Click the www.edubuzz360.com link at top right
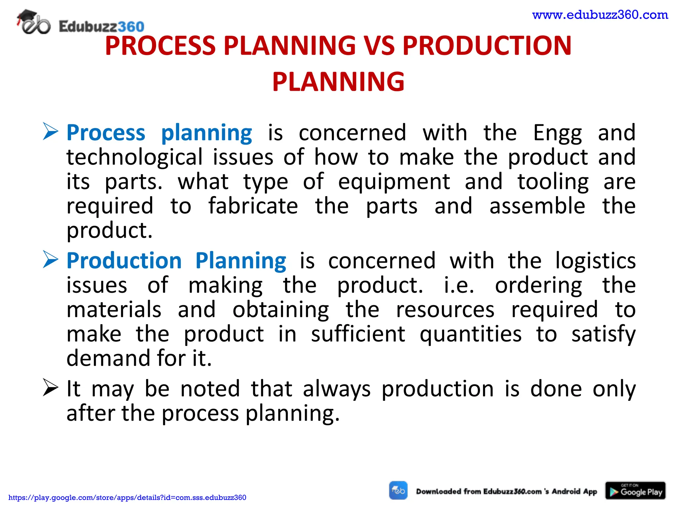600,15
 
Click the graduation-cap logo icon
33,22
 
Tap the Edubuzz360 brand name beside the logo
101,26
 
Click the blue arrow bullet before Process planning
50,132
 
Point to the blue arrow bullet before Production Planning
50,260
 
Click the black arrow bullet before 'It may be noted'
50,388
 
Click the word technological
134,157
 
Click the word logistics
595,261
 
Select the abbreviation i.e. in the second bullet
458,285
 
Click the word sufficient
358,334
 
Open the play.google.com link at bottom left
127,497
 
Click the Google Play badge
635,491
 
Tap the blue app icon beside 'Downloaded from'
398,490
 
